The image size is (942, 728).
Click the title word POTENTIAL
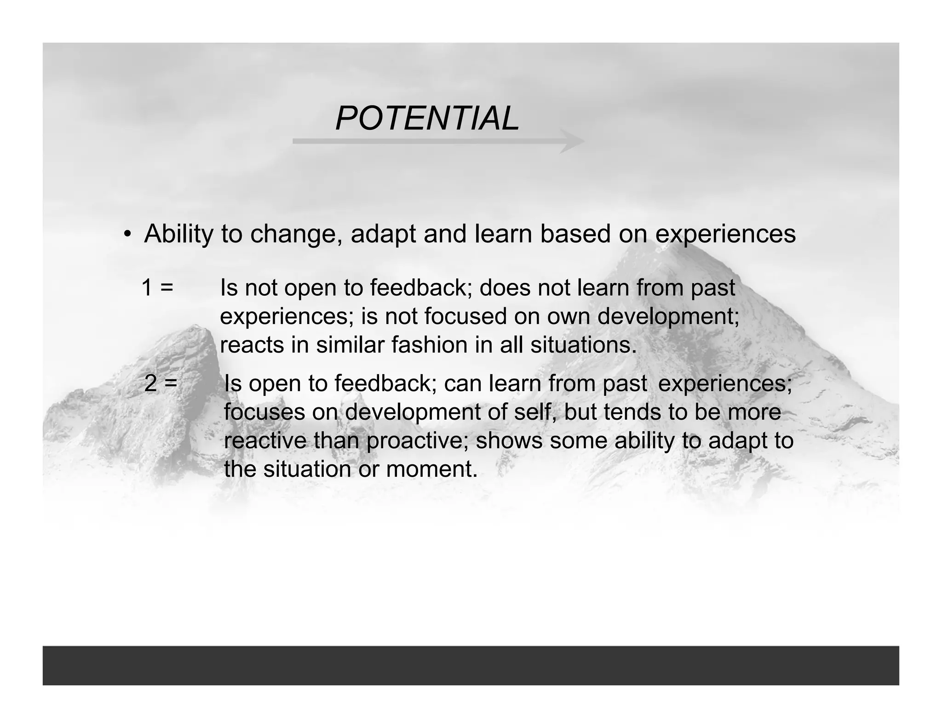point(427,119)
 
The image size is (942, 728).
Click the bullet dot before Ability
point(127,234)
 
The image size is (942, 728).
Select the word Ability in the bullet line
point(178,234)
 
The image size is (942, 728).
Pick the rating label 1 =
point(157,288)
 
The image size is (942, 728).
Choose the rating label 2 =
point(161,383)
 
